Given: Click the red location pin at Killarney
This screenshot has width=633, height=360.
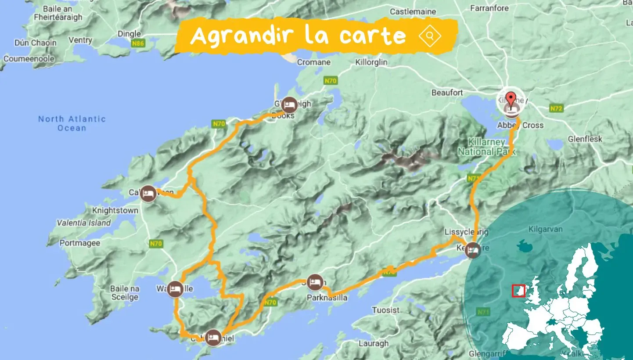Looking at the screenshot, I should tap(511, 97).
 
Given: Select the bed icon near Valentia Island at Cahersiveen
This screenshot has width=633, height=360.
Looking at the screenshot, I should tap(148, 194).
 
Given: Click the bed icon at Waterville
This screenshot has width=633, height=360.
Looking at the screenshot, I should tap(175, 289).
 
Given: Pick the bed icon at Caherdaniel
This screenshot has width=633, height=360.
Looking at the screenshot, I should tap(213, 338).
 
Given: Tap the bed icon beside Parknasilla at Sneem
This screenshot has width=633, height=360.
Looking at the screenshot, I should tap(314, 282).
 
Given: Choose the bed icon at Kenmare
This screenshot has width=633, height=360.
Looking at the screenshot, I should tap(473, 250).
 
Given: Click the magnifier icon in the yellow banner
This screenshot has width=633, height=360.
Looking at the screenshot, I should tap(430, 36).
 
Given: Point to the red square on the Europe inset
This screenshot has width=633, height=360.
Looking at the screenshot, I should tap(518, 291).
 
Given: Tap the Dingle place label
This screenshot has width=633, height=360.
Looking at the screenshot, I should tap(129, 33).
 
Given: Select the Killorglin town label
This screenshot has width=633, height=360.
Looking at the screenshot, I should tap(371, 62).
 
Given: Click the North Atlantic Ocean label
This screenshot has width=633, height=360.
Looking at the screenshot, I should tap(72, 123).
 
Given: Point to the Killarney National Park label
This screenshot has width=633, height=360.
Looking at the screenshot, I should tap(486, 148).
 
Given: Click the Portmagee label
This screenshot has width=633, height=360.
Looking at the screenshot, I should tap(80, 243).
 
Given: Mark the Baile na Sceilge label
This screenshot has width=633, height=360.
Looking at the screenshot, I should tap(125, 293).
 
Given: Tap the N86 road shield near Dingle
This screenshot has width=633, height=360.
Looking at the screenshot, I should tap(137, 44).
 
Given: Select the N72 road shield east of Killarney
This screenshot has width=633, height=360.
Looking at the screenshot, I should tap(556, 108).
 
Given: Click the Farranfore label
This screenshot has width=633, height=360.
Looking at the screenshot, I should tap(489, 8).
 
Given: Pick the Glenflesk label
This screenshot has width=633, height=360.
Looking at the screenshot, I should tap(585, 139).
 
